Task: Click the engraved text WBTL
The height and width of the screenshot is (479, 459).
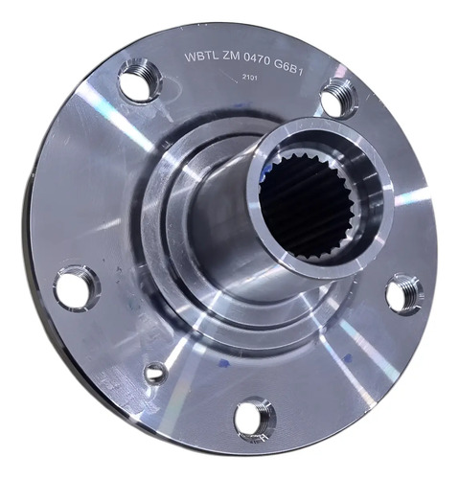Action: (201, 57)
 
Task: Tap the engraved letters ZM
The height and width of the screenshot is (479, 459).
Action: (231, 57)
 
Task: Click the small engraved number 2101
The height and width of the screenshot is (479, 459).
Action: (249, 78)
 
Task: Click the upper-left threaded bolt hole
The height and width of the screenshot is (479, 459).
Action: (140, 80)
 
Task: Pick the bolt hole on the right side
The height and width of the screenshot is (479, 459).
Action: (403, 294)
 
